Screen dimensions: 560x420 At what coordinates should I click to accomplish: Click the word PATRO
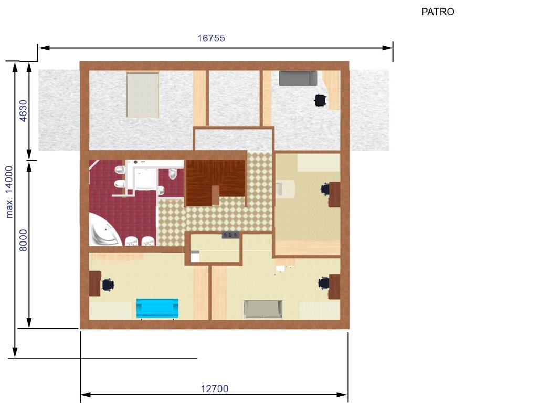[x=438, y=12]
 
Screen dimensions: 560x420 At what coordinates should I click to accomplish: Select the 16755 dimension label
[x=211, y=38]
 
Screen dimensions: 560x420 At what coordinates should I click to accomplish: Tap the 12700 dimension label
[x=214, y=388]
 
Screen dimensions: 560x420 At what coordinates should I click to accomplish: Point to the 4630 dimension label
[x=23, y=111]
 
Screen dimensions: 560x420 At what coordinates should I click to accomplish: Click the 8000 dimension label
[x=23, y=240]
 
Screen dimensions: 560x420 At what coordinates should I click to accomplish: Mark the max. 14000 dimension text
[x=9, y=192]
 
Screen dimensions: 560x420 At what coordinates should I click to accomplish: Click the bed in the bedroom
[x=143, y=94]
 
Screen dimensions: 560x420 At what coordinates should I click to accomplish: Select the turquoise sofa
[x=157, y=308]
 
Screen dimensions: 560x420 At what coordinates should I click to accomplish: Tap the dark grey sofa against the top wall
[x=298, y=78]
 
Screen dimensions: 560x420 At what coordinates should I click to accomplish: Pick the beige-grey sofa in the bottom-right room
[x=263, y=309]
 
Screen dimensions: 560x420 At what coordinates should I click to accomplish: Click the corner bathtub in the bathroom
[x=104, y=229]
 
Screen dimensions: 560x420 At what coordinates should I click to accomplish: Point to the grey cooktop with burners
[x=230, y=235]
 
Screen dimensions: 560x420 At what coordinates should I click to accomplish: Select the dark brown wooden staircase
[x=215, y=183]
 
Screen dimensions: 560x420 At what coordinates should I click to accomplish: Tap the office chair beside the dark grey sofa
[x=320, y=100]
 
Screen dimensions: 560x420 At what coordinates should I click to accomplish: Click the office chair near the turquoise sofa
[x=108, y=285]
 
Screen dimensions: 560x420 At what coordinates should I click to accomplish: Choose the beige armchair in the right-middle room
[x=285, y=188]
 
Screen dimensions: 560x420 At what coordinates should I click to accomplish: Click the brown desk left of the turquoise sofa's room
[x=95, y=283]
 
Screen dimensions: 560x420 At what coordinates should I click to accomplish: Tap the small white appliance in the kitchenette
[x=195, y=256]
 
